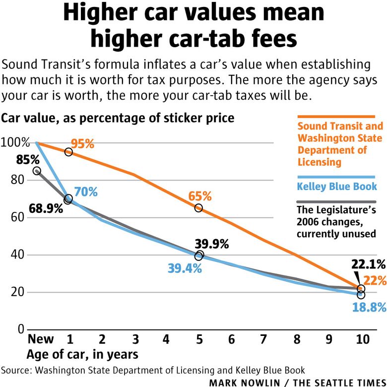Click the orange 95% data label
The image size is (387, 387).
pos(82,144)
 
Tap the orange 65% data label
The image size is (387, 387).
pos(199,196)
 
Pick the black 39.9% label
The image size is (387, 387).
pos(212,244)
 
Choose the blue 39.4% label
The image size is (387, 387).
pos(184,268)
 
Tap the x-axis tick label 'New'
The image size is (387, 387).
pos(40,340)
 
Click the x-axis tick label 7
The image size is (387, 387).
pos(263,340)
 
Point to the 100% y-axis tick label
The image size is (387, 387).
pos(14,143)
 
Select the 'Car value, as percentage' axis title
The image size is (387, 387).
pos(118,119)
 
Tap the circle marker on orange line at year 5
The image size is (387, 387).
pos(198,208)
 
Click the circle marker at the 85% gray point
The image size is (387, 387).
pos(37,171)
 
